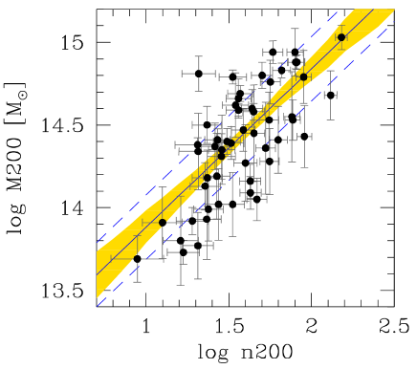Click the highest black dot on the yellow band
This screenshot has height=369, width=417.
(x=341, y=37)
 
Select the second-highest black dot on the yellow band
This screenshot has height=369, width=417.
(x=304, y=77)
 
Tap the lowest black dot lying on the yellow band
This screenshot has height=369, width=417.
(x=162, y=223)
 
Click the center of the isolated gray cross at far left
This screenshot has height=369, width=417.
(x=198, y=73)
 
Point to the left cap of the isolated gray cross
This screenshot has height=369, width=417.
(x=182, y=73)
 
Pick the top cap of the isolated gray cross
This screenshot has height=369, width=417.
(x=198, y=56)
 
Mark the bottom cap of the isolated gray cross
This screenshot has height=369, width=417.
(x=198, y=89)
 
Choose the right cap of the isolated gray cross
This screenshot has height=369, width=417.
(x=214, y=73)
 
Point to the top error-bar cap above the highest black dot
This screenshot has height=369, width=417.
(x=341, y=24)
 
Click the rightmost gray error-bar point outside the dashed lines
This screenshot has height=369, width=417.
(x=331, y=95)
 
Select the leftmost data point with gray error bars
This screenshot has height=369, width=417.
(x=137, y=258)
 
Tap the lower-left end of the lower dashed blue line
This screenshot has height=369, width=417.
(x=98, y=305)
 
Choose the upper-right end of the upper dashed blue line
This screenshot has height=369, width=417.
(x=340, y=11)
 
